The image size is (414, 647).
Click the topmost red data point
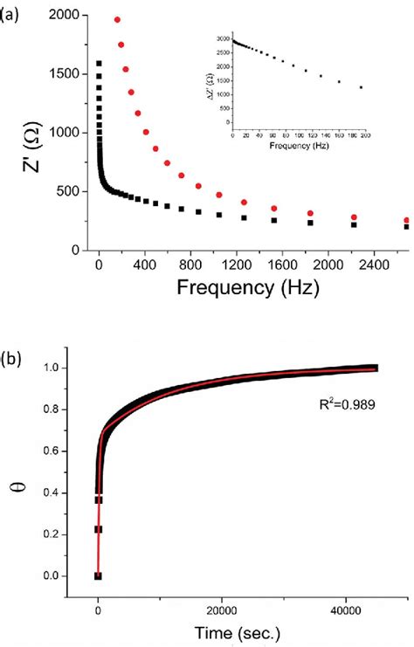coord(117,19)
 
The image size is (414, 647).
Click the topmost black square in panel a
coord(99,63)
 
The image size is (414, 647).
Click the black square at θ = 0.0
coord(99,575)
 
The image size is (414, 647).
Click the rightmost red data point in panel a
coord(406,221)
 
